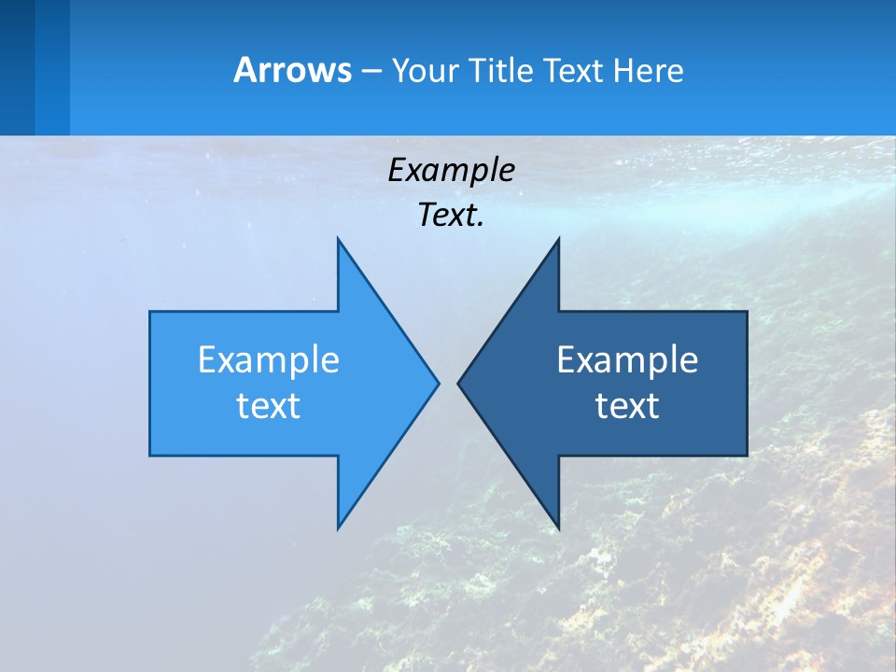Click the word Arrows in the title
coord(292,70)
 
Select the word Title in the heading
coord(500,70)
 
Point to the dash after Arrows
coord(371,71)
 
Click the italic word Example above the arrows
coord(452,171)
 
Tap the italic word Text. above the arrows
coord(452,216)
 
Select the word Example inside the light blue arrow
coord(269,359)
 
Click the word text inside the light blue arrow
coord(269,406)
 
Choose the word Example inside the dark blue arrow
coord(627,359)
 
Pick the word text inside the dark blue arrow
coord(627,406)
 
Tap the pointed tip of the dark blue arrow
coord(459,383)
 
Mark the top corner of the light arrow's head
coord(339,240)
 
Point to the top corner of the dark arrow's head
coord(558,240)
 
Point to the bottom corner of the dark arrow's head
coord(558,527)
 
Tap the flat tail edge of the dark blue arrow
coord(747,383)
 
